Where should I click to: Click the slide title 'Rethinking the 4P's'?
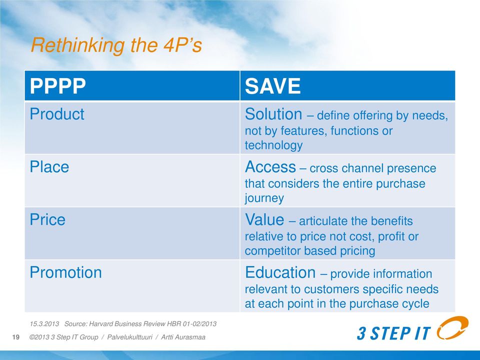tap(116, 45)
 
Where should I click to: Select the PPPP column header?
tap(58, 85)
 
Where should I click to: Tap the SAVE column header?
tap(273, 85)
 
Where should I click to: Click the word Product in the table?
tap(57, 114)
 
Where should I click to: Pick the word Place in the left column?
tap(49, 167)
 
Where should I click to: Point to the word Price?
tap(47, 220)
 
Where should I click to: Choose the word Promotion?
tap(66, 272)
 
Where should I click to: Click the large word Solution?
tap(273, 114)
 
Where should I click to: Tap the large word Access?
tap(270, 167)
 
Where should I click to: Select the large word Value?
tap(264, 220)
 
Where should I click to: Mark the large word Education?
tap(280, 272)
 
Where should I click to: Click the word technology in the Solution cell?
tap(273, 145)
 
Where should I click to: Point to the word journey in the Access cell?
tap(264, 198)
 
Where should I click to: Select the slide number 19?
tap(15, 337)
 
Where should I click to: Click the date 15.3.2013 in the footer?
tap(44, 324)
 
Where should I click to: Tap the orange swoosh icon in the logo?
tap(452, 328)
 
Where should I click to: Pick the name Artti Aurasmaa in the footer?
tap(183, 337)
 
